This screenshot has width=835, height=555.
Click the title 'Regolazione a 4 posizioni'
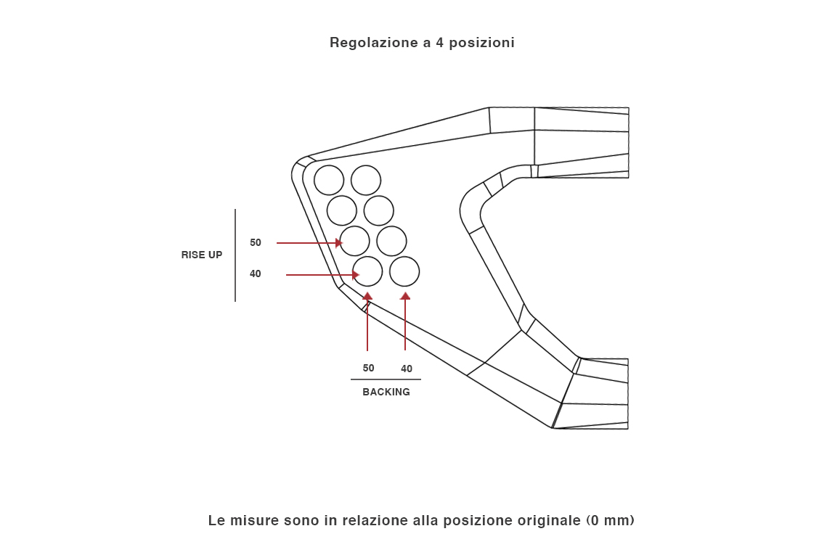tap(422, 43)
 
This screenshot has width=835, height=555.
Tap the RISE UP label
tap(202, 255)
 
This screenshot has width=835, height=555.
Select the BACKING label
tap(386, 392)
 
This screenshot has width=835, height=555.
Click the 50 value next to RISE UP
tap(256, 243)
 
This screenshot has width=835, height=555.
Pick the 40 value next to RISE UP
tap(256, 274)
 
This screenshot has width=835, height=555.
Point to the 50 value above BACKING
tap(369, 369)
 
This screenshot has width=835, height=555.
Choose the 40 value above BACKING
tap(407, 369)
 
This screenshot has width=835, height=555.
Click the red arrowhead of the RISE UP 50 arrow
tap(338, 243)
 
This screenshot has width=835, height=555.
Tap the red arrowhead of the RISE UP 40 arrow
tap(356, 275)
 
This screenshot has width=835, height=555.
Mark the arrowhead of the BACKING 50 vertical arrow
tap(367, 296)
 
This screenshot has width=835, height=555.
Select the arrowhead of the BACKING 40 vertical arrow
tap(405, 296)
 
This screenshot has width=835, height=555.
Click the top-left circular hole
tap(329, 180)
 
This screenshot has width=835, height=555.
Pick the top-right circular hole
tap(366, 180)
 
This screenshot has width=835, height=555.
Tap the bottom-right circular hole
tap(404, 271)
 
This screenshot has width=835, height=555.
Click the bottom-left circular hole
tap(367, 271)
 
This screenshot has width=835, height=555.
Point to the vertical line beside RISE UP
tap(235, 255)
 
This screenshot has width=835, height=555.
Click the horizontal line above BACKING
tap(386, 379)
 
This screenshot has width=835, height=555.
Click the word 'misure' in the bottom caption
tap(252, 521)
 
